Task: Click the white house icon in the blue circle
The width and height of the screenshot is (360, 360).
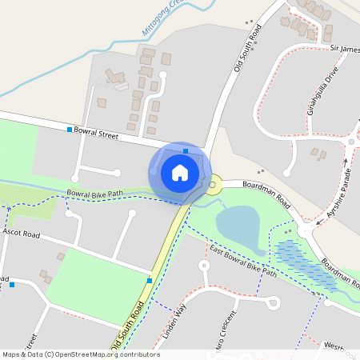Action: [x=180, y=172]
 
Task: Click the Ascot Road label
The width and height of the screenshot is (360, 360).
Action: [x=21, y=234]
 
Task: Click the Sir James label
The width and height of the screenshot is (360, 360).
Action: [x=345, y=49]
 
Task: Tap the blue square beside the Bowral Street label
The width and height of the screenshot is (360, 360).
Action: [x=70, y=130]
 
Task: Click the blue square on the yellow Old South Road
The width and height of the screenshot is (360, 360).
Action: [x=150, y=280]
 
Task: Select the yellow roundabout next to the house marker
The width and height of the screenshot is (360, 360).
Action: [x=213, y=187]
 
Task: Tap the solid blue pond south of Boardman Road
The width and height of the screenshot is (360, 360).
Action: [x=238, y=228]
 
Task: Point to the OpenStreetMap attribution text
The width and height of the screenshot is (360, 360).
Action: [x=80, y=354]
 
